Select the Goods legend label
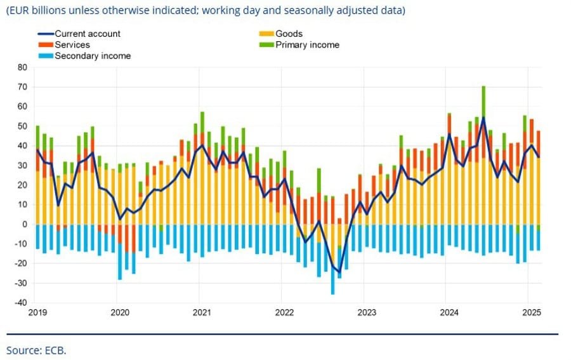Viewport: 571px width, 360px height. [x=289, y=34]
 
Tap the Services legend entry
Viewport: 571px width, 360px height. [x=72, y=45]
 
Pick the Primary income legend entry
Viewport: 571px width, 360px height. [x=307, y=45]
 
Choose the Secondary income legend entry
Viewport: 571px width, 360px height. [x=92, y=56]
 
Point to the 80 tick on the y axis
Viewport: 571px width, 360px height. [x=22, y=67]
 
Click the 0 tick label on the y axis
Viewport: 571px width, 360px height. [x=25, y=224]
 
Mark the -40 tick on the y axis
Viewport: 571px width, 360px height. [x=21, y=302]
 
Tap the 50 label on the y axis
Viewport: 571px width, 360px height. [x=22, y=126]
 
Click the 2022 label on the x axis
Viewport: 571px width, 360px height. [x=284, y=312]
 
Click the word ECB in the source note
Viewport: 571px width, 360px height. [x=56, y=350]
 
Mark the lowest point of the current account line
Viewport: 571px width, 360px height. [x=339, y=272]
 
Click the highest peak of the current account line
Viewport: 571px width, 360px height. [x=483, y=117]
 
